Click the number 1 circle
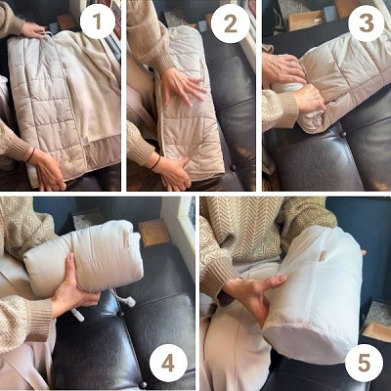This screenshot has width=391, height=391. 97,22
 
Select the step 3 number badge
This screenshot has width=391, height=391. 367,23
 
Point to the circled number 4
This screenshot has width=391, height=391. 168,364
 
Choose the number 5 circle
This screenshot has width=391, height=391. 364,364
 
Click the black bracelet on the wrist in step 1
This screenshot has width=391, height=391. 30,155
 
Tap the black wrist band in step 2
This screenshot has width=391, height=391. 155,163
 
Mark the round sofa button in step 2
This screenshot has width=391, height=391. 234,168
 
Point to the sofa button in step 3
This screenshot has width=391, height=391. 342,134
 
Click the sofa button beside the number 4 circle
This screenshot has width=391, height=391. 143,385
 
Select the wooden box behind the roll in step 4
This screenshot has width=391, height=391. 154,233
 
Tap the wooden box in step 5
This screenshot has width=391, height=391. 377,330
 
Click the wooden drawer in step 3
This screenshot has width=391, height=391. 305,21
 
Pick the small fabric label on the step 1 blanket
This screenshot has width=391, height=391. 86,141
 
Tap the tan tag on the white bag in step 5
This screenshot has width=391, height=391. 323,256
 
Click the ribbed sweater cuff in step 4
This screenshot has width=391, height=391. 40,321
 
